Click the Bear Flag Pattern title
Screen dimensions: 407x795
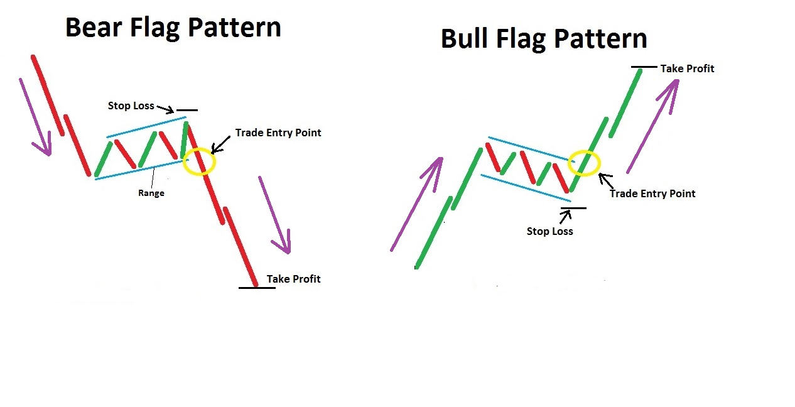point(173,28)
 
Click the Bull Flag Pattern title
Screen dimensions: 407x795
point(544,39)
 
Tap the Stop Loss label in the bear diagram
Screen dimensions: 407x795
point(131,106)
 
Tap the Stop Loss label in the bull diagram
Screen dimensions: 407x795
point(549,231)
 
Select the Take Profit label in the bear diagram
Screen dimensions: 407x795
point(293,279)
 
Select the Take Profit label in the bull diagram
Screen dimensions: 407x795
point(687,68)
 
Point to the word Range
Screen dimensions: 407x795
point(151,193)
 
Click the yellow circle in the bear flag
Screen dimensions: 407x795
point(201,161)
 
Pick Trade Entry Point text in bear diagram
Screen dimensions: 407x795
point(278,133)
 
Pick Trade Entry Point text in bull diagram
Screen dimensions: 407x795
point(652,193)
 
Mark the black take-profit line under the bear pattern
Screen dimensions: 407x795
point(257,288)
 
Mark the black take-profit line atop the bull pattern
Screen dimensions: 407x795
point(644,67)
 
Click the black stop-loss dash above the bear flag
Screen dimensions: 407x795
point(187,111)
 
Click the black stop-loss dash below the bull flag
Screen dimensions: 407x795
point(574,208)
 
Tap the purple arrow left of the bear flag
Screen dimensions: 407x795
point(35,117)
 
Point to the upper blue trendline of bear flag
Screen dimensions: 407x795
point(146,127)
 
